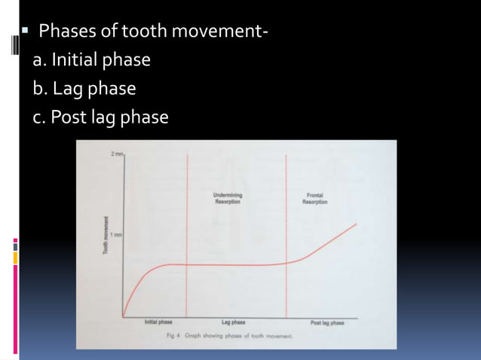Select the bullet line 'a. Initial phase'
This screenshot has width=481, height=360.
pos(91,59)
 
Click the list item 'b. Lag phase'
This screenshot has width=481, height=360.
pos(84,89)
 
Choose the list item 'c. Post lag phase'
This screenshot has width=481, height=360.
pos(100,117)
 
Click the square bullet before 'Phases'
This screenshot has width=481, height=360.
pos(25,32)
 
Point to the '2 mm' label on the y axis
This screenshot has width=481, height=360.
pos(116,154)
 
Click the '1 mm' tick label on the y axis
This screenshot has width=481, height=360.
pos(116,236)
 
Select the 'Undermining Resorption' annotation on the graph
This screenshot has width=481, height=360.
pos(228,199)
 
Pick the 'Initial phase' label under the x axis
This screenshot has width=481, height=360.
pos(158,322)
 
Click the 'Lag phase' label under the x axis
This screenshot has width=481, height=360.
pos(233,322)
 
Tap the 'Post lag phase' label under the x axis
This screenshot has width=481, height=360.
pos(327,322)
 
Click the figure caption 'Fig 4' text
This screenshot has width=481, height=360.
pos(173,335)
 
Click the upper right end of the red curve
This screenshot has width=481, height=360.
pos(357,224)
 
